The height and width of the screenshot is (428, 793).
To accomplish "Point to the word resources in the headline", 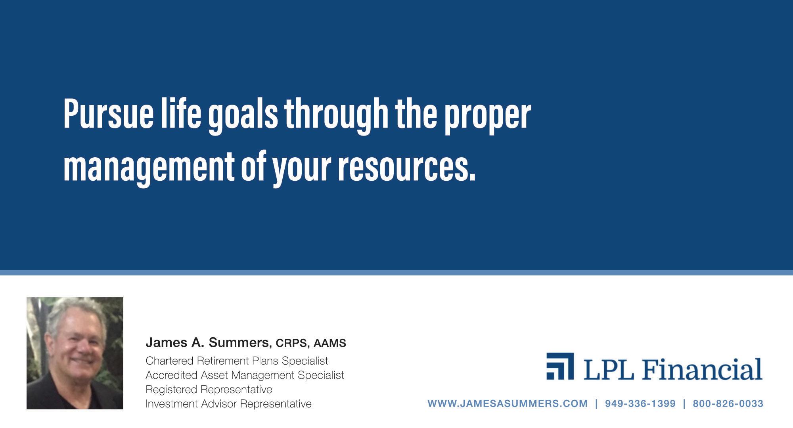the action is click(x=406, y=167).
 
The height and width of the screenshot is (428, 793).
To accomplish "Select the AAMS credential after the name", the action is click(x=330, y=343).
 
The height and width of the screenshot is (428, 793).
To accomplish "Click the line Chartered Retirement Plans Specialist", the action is click(x=237, y=361).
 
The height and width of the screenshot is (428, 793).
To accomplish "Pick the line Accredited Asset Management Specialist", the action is click(x=245, y=375).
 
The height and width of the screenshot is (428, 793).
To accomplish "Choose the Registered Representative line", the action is click(x=209, y=390).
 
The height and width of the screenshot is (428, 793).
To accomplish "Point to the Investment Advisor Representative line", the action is click(x=228, y=404).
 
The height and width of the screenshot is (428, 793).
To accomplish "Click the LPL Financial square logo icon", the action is click(x=560, y=366).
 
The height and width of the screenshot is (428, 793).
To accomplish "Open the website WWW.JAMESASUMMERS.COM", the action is click(x=508, y=404).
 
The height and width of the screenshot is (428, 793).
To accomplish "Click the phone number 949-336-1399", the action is click(x=640, y=404).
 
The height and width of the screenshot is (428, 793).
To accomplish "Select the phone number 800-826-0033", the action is click(x=728, y=404).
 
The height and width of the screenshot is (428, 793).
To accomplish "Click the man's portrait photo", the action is click(x=75, y=353).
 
